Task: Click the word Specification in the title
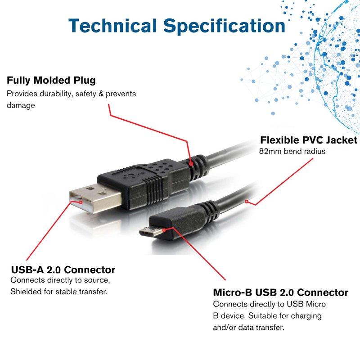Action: pos(224,26)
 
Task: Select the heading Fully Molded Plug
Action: pos(51,81)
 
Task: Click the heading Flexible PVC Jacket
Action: pos(308,140)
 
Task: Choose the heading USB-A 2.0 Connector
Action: pos(63,270)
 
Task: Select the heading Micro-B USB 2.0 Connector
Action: pos(280,292)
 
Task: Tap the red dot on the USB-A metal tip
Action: pos(81,202)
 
